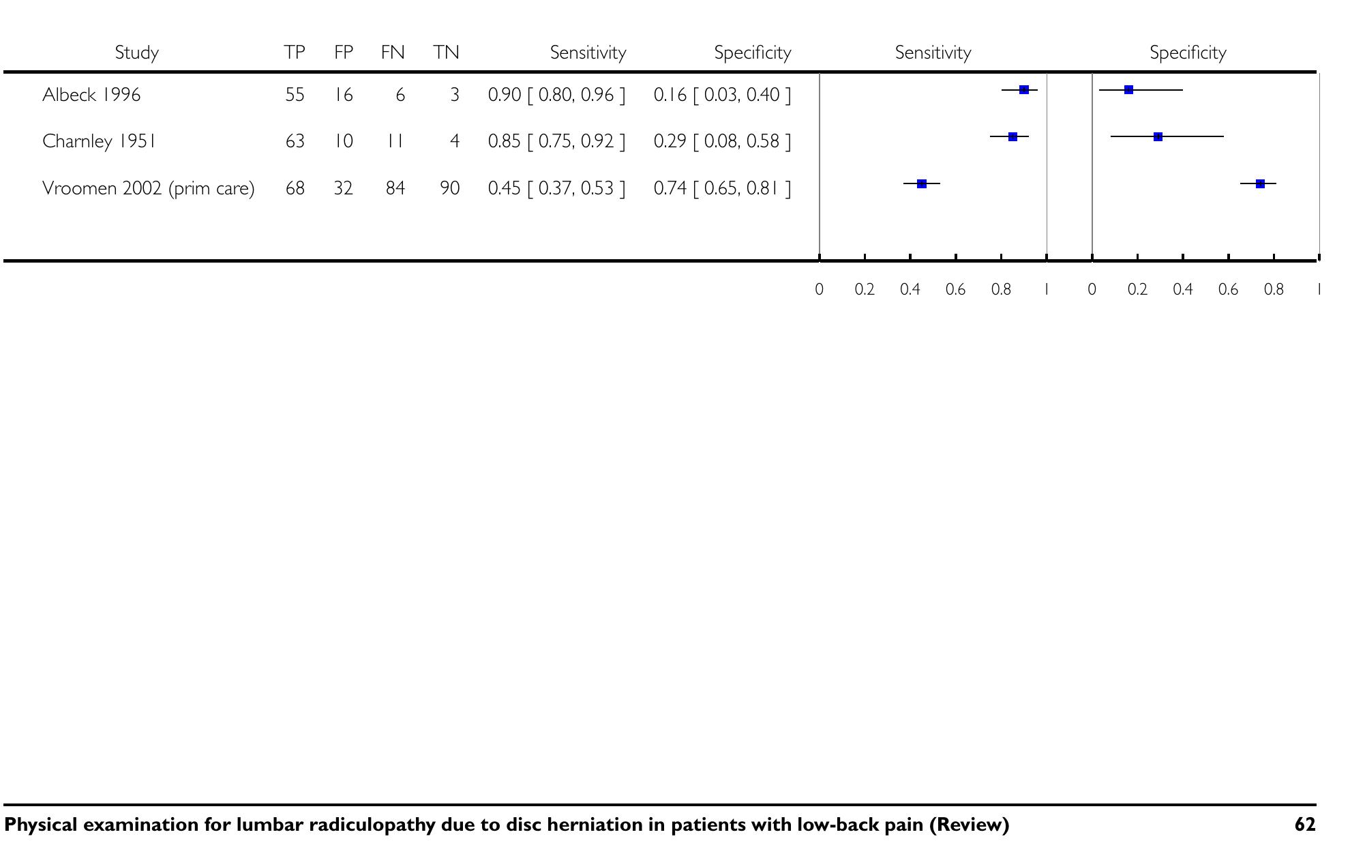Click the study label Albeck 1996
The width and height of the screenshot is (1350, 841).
[91, 94]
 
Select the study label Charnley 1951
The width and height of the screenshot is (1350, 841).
[99, 141]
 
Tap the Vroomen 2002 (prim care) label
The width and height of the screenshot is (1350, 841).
[148, 188]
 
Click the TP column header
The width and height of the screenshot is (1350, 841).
[295, 53]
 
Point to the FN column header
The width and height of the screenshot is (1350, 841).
[393, 53]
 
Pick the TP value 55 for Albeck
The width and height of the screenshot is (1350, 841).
[295, 94]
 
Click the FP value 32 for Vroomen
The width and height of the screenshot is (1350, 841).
[343, 188]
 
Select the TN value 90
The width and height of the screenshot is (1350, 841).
[449, 188]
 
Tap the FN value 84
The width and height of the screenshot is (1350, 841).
[395, 188]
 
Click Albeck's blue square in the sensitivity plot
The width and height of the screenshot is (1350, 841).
[1023, 90]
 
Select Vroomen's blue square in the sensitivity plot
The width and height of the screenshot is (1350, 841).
[922, 183]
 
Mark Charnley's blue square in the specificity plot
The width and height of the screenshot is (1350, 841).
[1158, 137]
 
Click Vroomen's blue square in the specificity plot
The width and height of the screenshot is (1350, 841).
[1260, 183]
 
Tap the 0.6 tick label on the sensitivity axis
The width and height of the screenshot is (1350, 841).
[955, 289]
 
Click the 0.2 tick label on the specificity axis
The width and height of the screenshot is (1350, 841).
[1137, 289]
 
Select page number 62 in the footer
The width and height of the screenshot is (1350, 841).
[1304, 825]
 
